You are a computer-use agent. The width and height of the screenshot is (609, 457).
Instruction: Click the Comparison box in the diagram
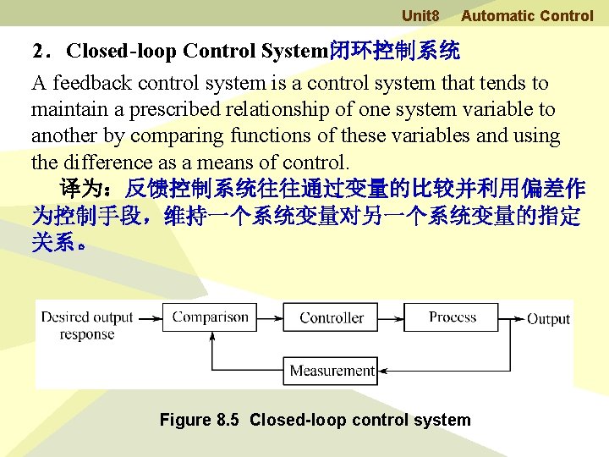click(211, 317)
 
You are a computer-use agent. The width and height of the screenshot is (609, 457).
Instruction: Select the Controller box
click(332, 318)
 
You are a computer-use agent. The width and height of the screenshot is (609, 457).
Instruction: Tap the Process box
click(453, 317)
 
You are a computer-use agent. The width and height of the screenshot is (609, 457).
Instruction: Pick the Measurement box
click(332, 370)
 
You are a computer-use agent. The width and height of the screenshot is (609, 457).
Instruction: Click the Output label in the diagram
click(548, 319)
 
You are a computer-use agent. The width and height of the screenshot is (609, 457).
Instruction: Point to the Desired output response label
click(87, 326)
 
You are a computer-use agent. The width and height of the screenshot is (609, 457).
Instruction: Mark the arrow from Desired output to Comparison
click(150, 318)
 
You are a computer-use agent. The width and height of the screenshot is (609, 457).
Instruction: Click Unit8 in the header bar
click(420, 15)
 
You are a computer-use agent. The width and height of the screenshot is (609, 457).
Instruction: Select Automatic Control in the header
click(527, 15)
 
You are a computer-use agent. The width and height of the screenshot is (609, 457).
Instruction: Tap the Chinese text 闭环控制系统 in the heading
click(393, 51)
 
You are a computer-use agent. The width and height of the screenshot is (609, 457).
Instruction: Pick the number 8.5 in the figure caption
click(228, 420)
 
